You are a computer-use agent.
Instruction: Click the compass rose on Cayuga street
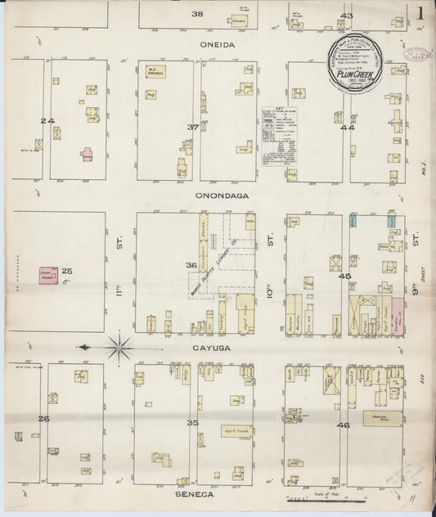(x=118, y=348)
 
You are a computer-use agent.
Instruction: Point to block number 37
(x=193, y=127)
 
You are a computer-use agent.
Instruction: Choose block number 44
(x=348, y=128)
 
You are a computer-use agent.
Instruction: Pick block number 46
(x=344, y=425)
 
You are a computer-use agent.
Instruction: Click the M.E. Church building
(x=157, y=72)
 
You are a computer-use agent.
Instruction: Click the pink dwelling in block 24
(x=86, y=153)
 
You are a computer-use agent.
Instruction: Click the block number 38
(x=196, y=15)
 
